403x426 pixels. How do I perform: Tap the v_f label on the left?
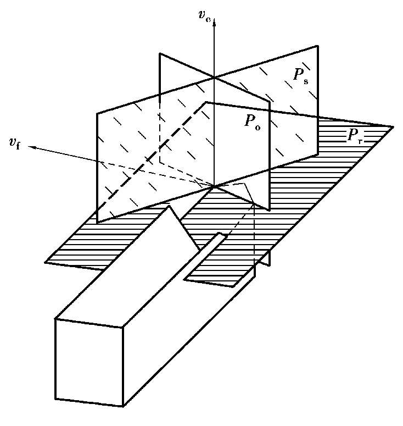tap(15, 145)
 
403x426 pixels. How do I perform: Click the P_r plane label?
tap(354, 136)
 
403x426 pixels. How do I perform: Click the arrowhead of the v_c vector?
tap(215, 22)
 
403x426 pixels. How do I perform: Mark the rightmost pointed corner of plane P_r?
tap(394, 128)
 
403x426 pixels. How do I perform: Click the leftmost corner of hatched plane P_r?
tap(45, 262)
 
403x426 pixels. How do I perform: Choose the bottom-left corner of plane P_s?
tap(98, 222)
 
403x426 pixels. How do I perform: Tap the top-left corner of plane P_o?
tap(159, 53)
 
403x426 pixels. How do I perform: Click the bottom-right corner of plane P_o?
tap(269, 210)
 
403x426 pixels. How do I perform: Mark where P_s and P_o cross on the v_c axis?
tap(215, 78)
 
